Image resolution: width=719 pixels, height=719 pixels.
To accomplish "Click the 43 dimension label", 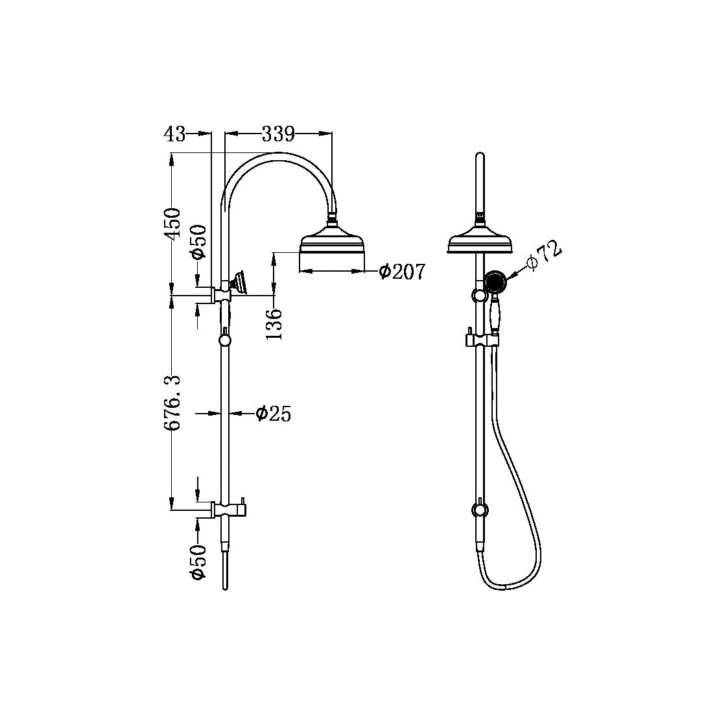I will (x=174, y=134).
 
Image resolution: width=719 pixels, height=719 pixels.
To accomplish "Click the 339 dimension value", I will (x=278, y=134).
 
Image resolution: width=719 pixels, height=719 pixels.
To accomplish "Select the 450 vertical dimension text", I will (x=172, y=224).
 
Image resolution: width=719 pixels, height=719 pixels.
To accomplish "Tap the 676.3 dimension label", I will (x=172, y=403).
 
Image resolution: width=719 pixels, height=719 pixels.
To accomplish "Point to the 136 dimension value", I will (x=274, y=324).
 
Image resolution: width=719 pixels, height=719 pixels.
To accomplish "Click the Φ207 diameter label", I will (x=402, y=272).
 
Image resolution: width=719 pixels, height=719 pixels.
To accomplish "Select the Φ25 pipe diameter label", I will (x=273, y=414).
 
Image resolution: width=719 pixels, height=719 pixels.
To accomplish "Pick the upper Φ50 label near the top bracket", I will (x=198, y=241).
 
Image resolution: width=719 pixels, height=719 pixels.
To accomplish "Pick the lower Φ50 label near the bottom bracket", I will (x=198, y=561).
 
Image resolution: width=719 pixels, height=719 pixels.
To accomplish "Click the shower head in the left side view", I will (x=333, y=244).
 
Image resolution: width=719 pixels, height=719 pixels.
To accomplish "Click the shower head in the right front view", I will (x=480, y=242).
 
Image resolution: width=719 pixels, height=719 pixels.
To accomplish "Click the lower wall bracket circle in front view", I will (x=479, y=510).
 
